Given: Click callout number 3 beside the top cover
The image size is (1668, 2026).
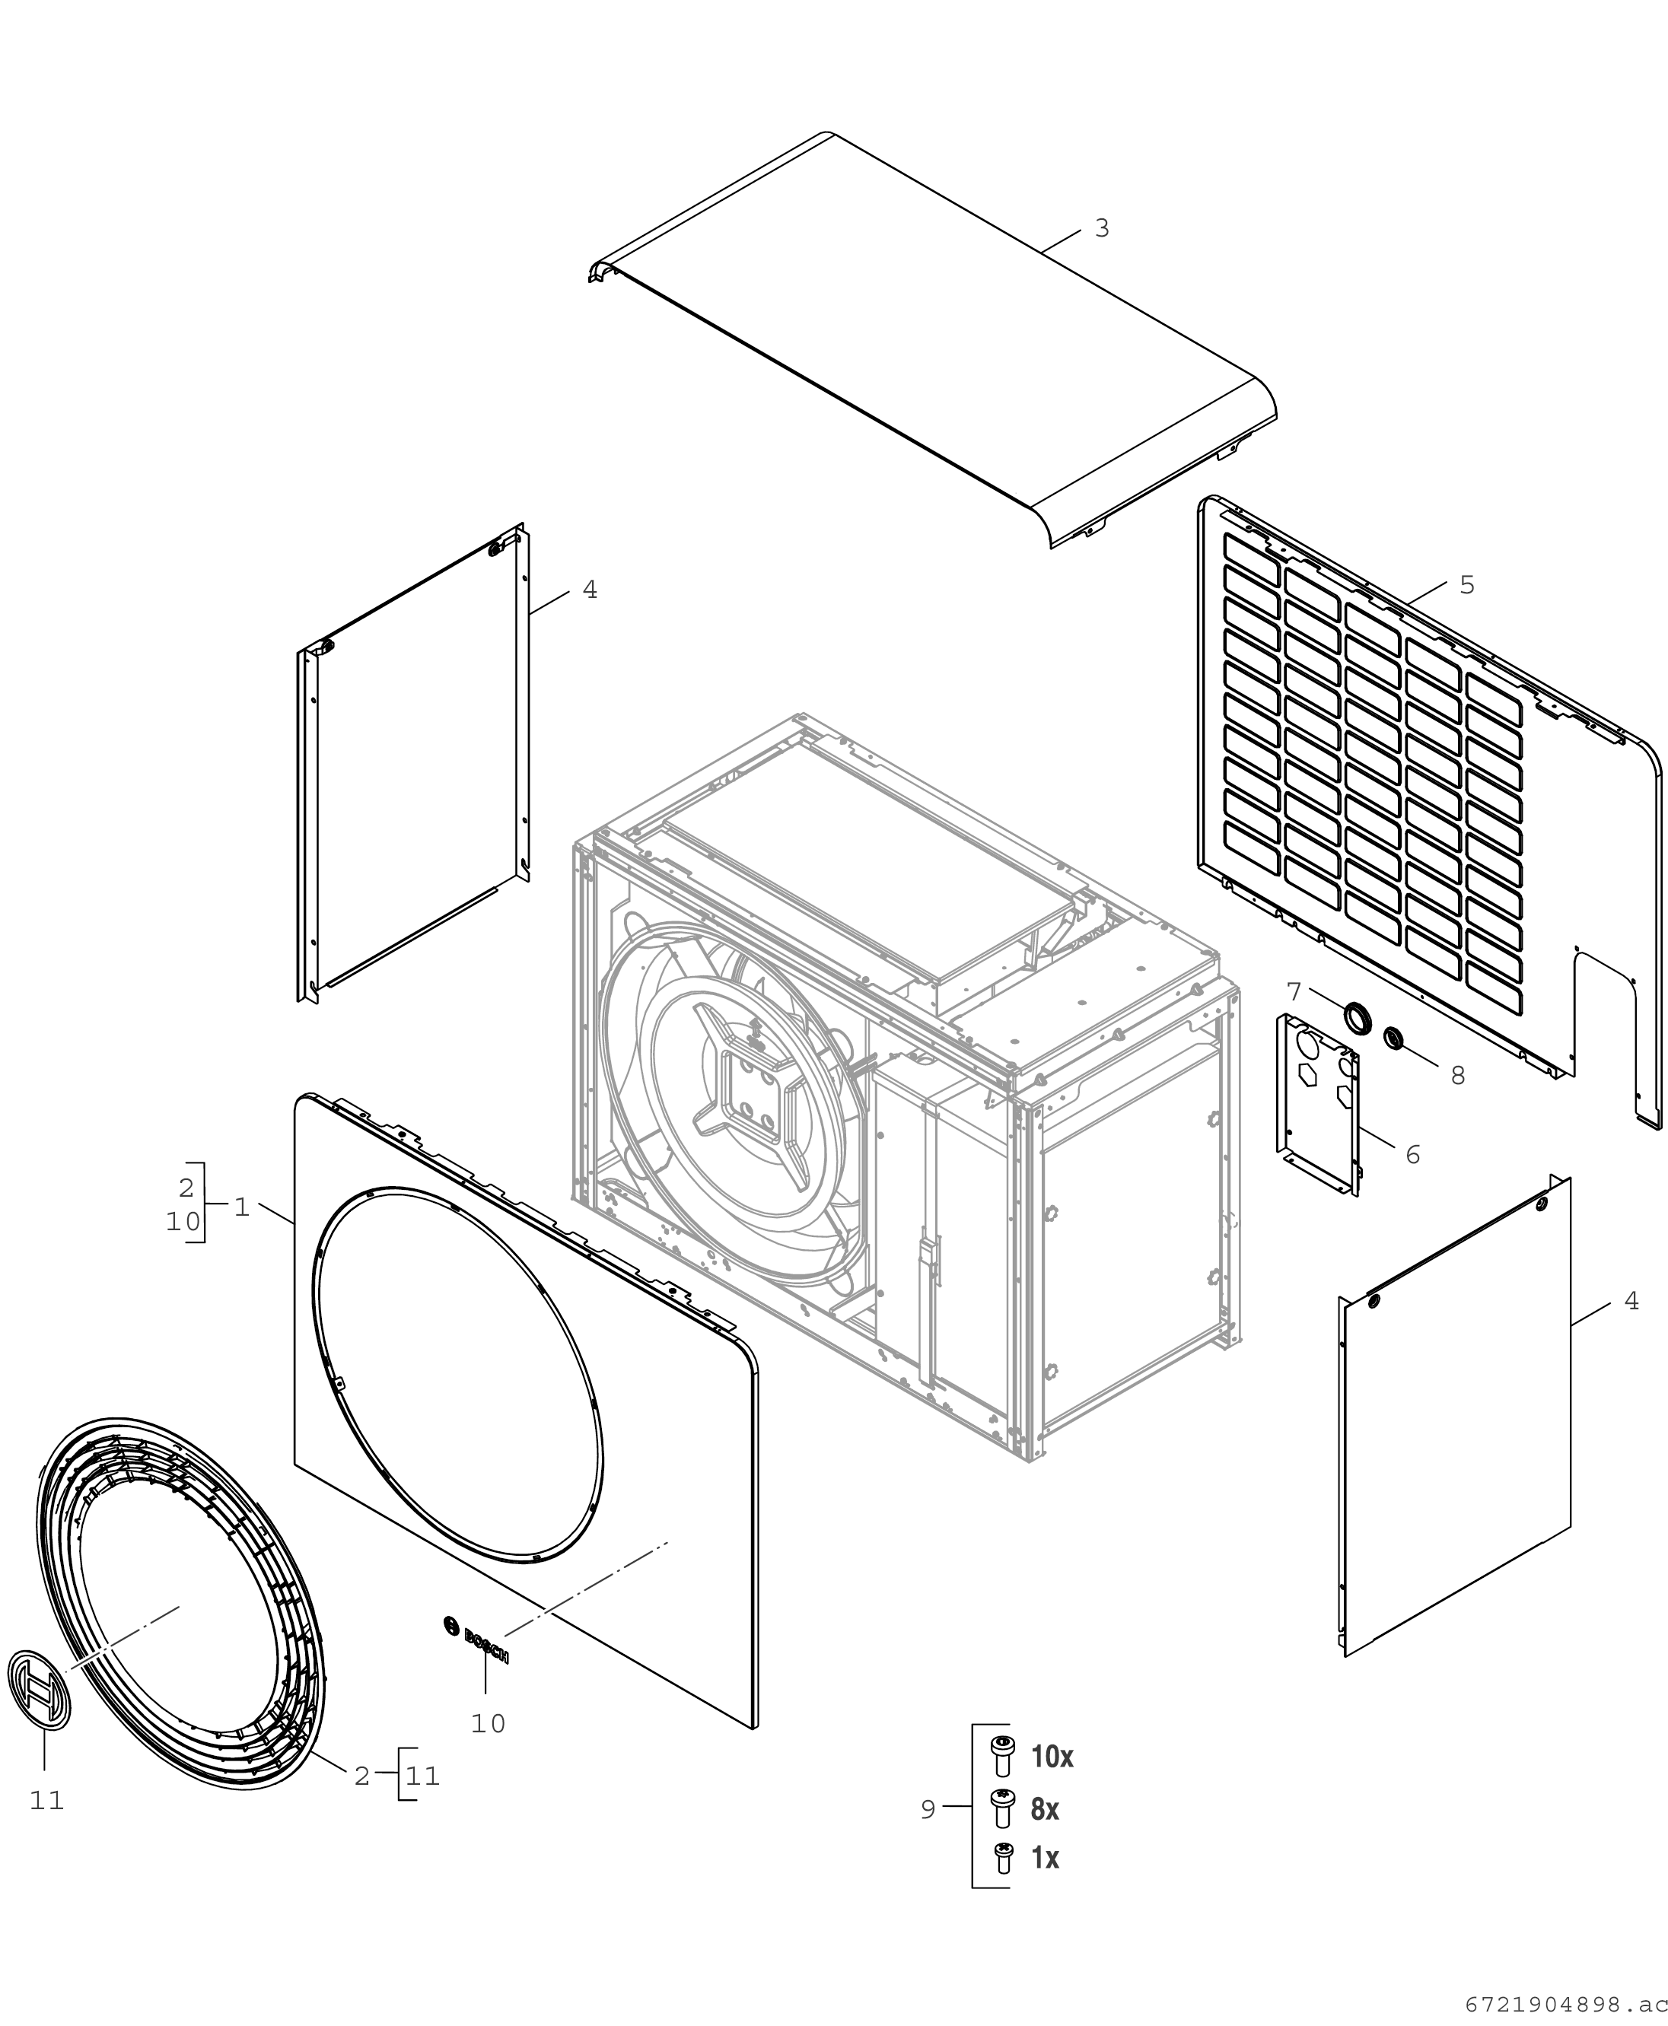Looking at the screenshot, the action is [1102, 229].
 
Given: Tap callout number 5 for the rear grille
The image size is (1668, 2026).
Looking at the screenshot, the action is [1467, 585].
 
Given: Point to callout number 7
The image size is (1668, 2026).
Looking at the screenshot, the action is [1294, 991].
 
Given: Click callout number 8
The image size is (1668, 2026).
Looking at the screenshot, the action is [1457, 1076].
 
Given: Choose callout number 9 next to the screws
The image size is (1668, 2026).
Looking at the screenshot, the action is [927, 1810].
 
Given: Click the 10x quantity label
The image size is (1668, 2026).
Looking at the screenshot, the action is [1052, 1757].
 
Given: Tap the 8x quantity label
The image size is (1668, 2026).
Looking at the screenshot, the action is [1046, 1810].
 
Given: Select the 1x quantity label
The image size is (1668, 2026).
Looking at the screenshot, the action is [1046, 1859].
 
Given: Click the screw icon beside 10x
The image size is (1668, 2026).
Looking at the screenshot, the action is [1002, 1757].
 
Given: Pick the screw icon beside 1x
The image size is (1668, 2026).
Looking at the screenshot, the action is [1003, 1858].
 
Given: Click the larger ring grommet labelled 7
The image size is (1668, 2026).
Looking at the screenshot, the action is [1357, 1018].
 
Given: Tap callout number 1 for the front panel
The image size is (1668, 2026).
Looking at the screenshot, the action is [241, 1207].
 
